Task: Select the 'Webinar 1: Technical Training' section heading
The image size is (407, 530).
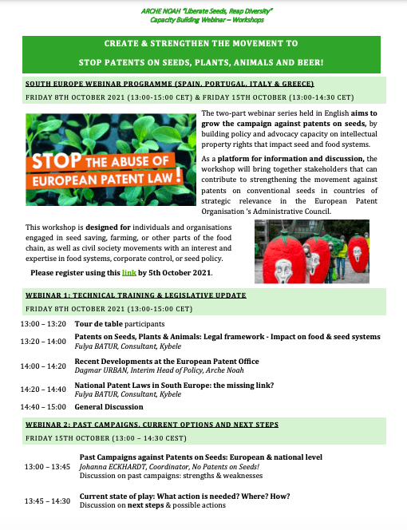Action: [x=136, y=295]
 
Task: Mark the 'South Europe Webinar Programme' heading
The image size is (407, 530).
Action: [x=170, y=84]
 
